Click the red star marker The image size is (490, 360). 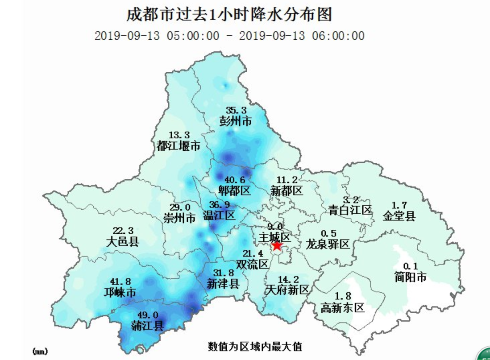277,245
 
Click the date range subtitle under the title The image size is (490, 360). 229,36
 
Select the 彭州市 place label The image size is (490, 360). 236,120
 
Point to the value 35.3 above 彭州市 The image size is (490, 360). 236,110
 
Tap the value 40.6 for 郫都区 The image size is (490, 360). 235,180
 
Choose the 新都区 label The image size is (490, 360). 287,191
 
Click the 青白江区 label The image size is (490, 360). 350,210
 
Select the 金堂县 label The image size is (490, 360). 399,216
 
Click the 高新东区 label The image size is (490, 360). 343,307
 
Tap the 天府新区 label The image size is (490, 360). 287,290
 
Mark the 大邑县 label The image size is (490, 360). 123,242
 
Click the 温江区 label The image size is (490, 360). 219,216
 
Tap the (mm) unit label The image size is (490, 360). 40,352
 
